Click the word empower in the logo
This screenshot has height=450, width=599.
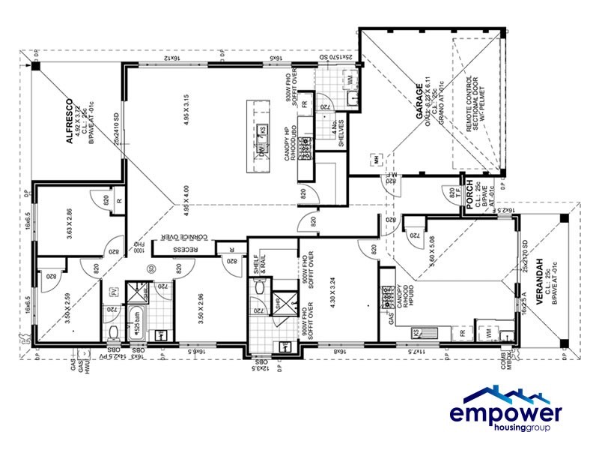pos(505,415)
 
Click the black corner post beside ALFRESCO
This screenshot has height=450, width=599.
pos(35,65)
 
